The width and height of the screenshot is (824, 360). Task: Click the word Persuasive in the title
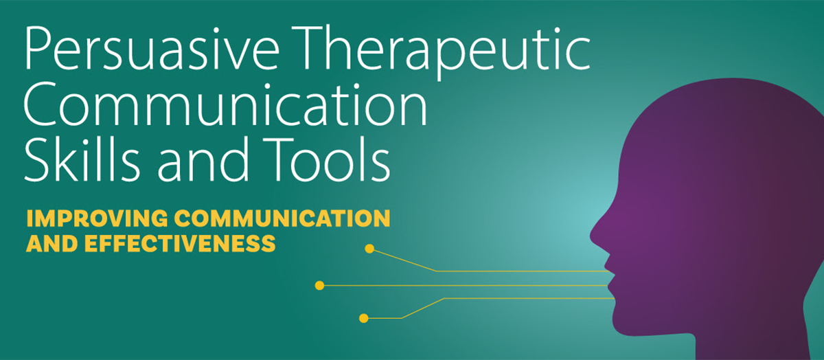pyautogui.click(x=152, y=49)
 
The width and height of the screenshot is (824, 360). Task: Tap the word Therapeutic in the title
pyautogui.click(x=444, y=52)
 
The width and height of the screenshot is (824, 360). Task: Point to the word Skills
pyautogui.click(x=82, y=159)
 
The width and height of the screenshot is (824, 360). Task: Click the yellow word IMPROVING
pyautogui.click(x=97, y=218)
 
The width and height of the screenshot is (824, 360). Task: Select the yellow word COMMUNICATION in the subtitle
pyautogui.click(x=282, y=218)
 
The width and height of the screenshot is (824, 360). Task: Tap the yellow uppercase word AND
pyautogui.click(x=52, y=243)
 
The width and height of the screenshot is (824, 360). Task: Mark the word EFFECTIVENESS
pyautogui.click(x=180, y=243)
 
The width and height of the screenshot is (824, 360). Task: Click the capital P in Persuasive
pyautogui.click(x=38, y=49)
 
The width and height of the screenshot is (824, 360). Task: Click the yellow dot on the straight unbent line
pyautogui.click(x=320, y=285)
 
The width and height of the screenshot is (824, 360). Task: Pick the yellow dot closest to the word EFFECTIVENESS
pyautogui.click(x=369, y=249)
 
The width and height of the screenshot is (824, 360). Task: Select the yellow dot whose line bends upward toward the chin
pyautogui.click(x=363, y=318)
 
